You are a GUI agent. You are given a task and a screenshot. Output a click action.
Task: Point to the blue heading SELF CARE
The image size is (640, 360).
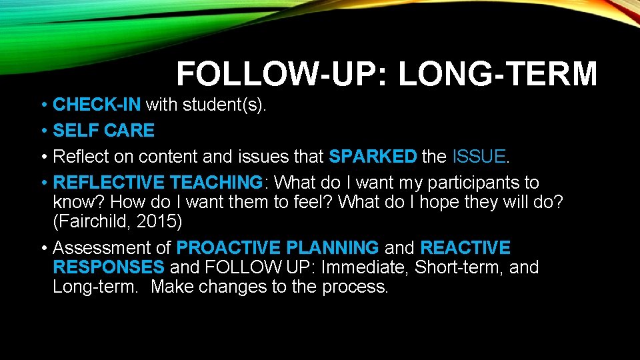[x=103, y=131]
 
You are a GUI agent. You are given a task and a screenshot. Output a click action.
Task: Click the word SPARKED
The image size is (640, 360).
[x=372, y=157]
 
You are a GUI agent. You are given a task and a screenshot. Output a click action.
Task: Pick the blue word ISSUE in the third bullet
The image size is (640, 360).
[x=479, y=157]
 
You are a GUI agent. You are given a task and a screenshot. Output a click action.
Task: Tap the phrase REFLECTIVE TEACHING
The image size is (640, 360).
[x=157, y=183]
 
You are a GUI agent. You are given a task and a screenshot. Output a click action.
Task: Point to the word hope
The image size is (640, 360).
[x=445, y=202]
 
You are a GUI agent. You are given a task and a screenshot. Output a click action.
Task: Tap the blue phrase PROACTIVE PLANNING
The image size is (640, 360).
[x=277, y=248]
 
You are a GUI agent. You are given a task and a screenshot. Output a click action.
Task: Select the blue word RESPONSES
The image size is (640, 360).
[x=108, y=267]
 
